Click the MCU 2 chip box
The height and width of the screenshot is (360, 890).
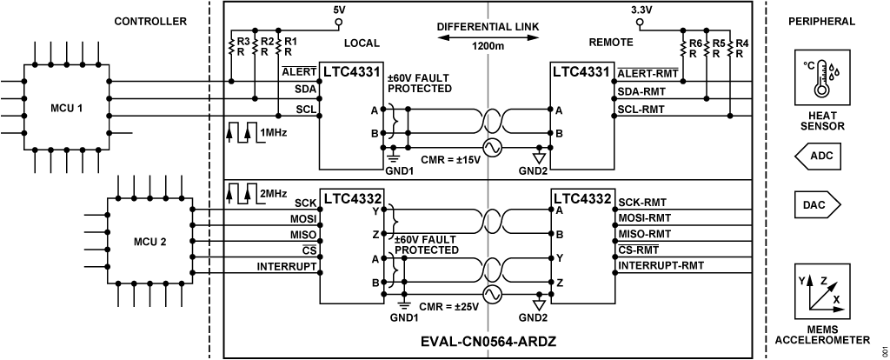pyautogui.click(x=149, y=241)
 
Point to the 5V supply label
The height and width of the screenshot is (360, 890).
pyautogui.click(x=340, y=10)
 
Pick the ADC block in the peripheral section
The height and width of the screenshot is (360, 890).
pyautogui.click(x=818, y=157)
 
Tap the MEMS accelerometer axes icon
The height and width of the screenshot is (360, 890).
pyautogui.click(x=818, y=292)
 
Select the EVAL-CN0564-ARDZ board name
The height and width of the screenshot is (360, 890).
pyautogui.click(x=487, y=341)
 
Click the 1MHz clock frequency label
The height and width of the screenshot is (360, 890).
pyautogui.click(x=268, y=132)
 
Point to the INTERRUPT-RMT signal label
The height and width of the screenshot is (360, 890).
pyautogui.click(x=661, y=264)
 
